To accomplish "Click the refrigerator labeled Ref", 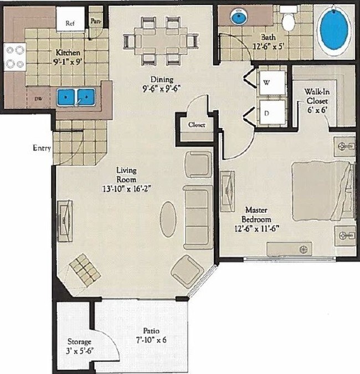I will coord(70,22).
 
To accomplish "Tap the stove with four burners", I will coord(14,57).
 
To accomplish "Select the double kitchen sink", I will coord(76,98).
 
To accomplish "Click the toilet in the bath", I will coord(287,20).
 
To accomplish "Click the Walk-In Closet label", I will coord(316,97).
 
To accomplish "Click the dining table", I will coord(161,40).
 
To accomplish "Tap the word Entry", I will coord(42,148).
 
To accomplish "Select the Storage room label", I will coord(79,342).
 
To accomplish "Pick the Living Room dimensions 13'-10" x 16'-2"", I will coord(126,188).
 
